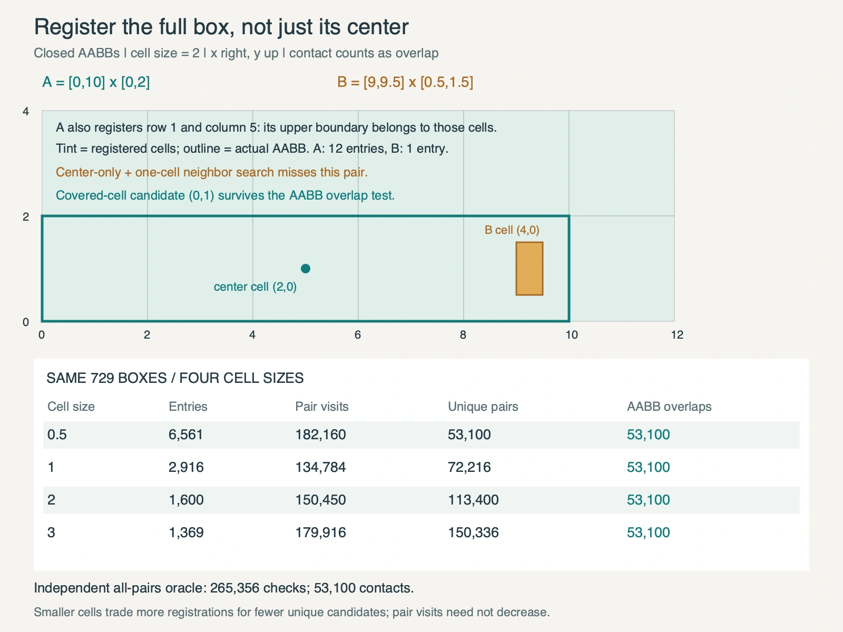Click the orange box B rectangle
pyautogui.click(x=529, y=269)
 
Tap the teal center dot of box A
pyautogui.click(x=305, y=269)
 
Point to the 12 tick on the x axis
pyautogui.click(x=677, y=335)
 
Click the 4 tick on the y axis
pyautogui.click(x=26, y=111)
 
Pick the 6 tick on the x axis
pyautogui.click(x=358, y=335)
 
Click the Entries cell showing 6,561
pyautogui.click(x=185, y=435)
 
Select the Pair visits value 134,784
pyautogui.click(x=320, y=467)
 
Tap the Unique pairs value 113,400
pyautogui.click(x=473, y=500)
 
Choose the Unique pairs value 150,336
pyautogui.click(x=473, y=532)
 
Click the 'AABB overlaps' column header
pyautogui.click(x=669, y=407)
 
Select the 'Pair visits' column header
pyautogui.click(x=322, y=407)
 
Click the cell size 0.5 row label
pyautogui.click(x=57, y=435)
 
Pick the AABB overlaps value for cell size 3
pyautogui.click(x=648, y=532)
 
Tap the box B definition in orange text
pyautogui.click(x=405, y=82)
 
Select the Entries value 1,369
pyautogui.click(x=186, y=532)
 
